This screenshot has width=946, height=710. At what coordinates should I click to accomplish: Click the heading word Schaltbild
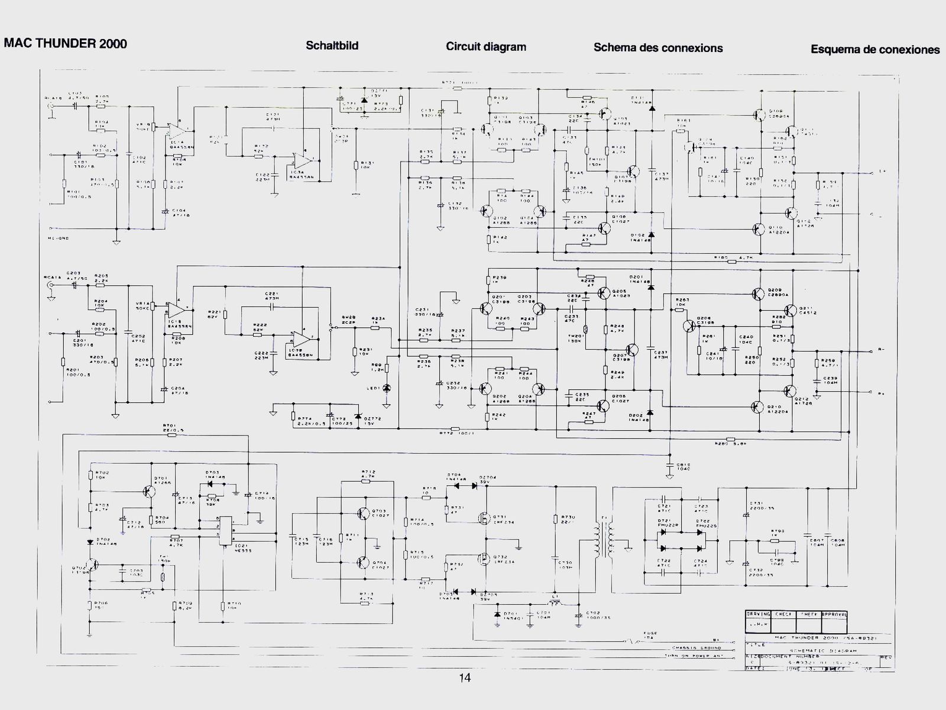332,46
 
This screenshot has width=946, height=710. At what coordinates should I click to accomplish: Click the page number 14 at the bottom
465,678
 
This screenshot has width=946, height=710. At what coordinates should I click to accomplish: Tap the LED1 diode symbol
387,388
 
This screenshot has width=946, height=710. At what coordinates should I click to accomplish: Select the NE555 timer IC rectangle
225,534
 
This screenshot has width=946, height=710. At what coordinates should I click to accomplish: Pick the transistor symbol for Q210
758,406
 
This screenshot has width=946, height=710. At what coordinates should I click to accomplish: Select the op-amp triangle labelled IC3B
303,339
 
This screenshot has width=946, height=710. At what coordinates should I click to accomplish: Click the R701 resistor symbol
172,435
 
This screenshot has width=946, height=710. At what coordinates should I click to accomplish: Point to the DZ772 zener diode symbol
357,417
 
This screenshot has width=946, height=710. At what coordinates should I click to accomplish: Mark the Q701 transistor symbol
148,491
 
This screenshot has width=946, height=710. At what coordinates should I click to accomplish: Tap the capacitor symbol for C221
273,307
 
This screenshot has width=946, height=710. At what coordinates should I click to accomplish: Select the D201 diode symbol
650,288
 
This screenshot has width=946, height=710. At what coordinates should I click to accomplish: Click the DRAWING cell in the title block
757,615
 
